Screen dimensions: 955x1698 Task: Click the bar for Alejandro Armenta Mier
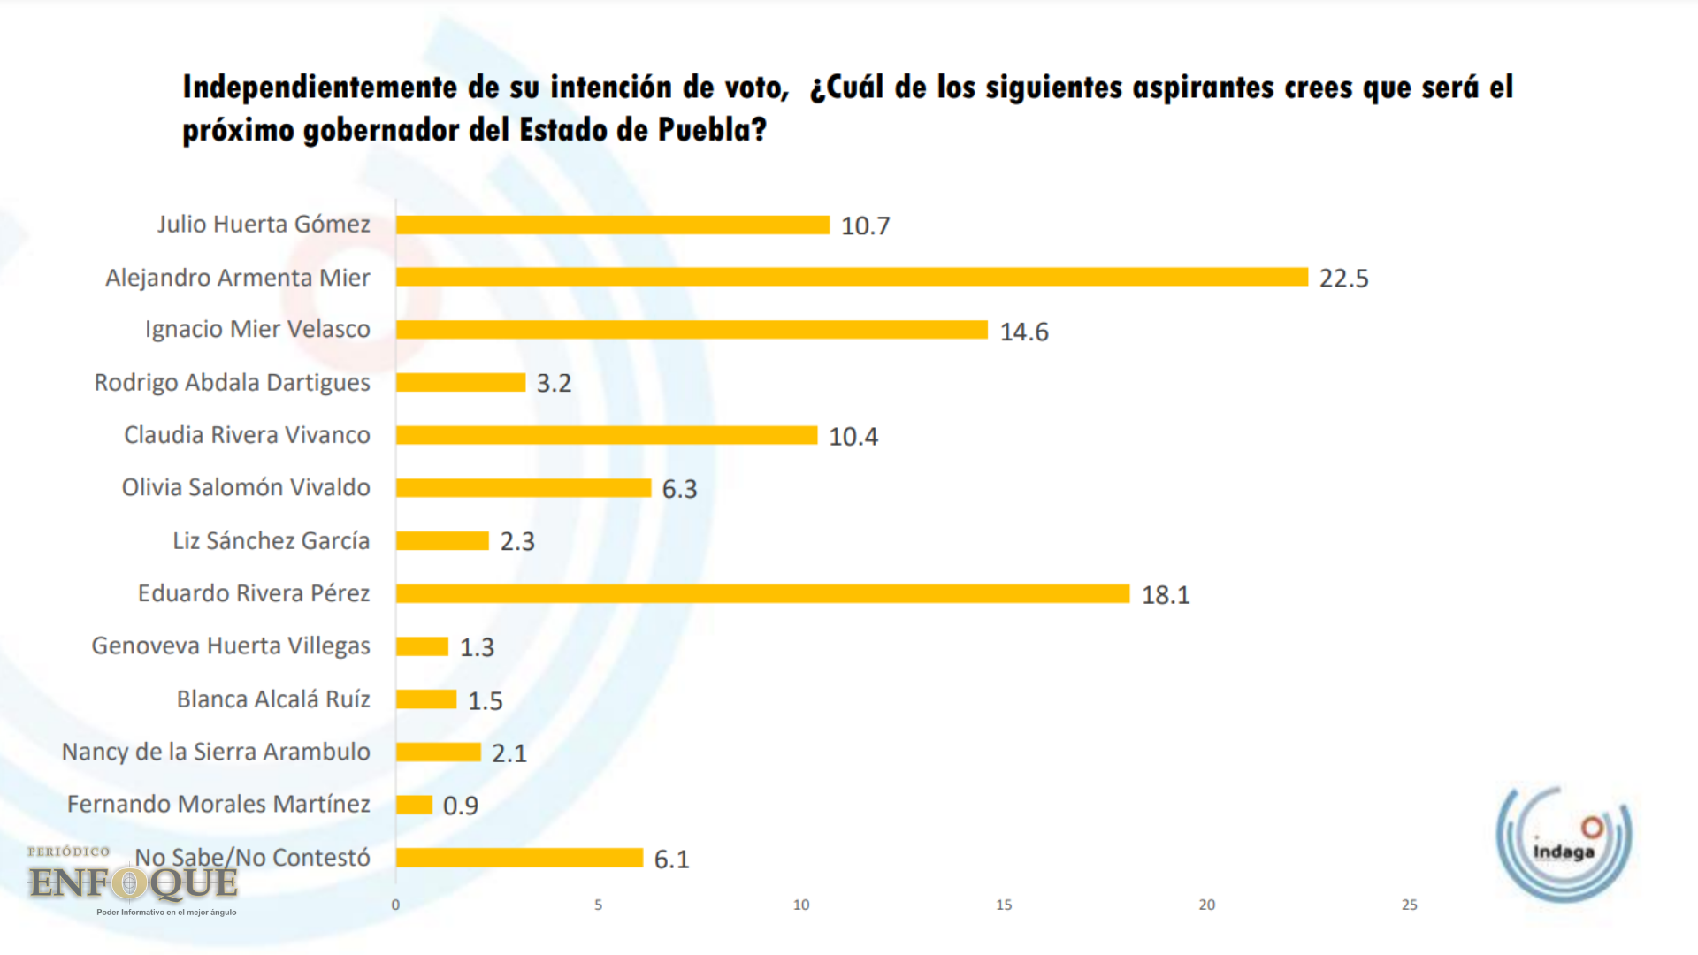(852, 277)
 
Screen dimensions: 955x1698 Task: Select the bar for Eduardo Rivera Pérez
(762, 593)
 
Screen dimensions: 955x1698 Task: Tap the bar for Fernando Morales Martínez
(414, 805)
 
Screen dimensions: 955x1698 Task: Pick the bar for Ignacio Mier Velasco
(692, 330)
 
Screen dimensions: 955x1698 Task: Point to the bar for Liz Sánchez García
(442, 540)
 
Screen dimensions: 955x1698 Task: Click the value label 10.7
(865, 226)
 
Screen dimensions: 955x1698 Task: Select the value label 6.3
(679, 489)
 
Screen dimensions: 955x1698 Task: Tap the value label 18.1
(1166, 595)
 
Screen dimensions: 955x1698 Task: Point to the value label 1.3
(477, 647)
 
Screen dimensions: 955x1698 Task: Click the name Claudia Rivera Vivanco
(247, 435)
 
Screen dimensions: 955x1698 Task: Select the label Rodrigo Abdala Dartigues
(232, 383)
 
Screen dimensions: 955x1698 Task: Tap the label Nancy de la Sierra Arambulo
(216, 752)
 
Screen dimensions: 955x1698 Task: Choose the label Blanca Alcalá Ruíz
(273, 699)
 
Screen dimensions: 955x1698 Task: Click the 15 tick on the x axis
(1004, 905)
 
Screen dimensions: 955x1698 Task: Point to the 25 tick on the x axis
(1410, 905)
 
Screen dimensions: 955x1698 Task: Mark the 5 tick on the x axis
(598, 905)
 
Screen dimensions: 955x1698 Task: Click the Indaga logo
(1563, 842)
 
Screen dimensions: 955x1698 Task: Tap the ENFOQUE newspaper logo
(133, 881)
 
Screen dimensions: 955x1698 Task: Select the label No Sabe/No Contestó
(252, 858)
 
